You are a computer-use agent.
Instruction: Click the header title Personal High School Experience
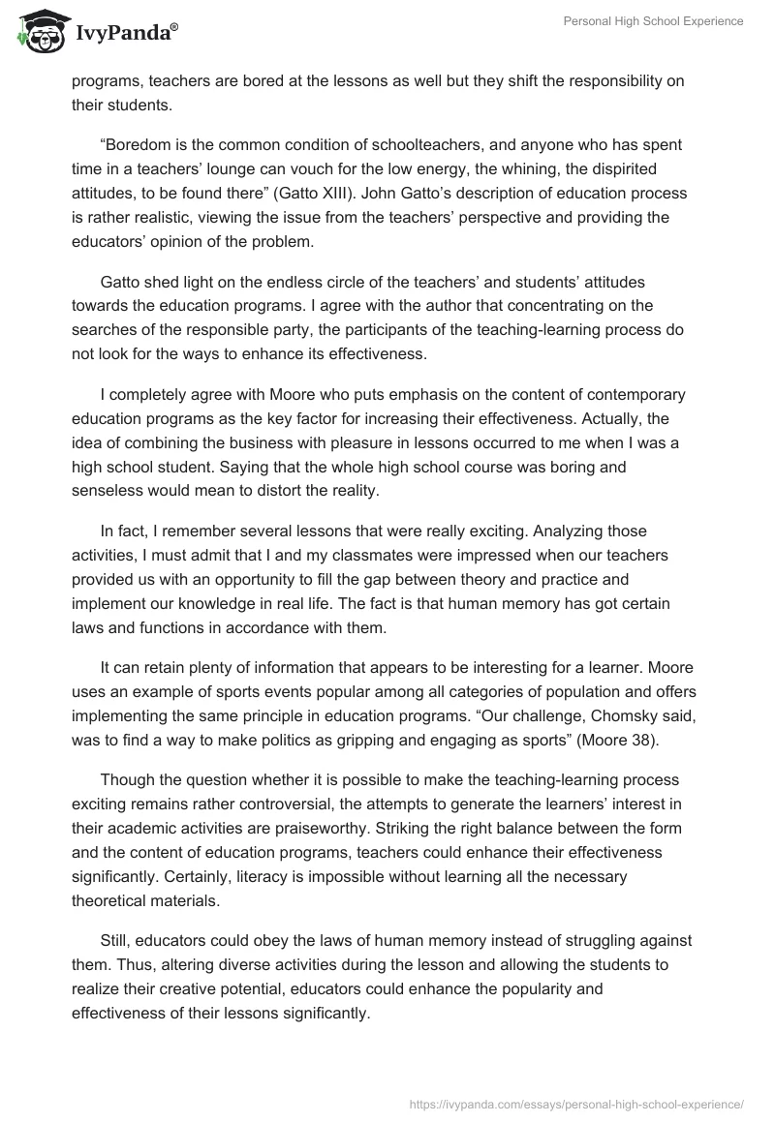click(x=654, y=22)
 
